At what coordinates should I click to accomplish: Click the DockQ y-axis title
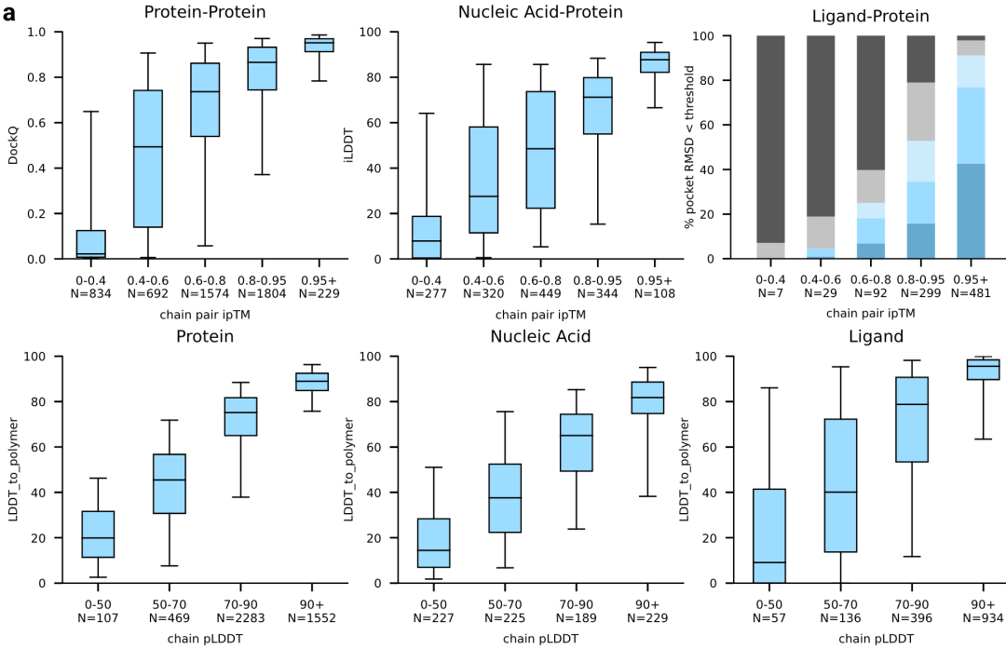pos(13,145)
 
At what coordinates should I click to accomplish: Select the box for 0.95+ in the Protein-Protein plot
pos(319,45)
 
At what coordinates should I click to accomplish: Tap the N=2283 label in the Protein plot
pos(240,617)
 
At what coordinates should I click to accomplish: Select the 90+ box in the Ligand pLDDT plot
pos(983,370)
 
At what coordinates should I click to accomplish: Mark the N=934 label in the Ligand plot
pos(983,617)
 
